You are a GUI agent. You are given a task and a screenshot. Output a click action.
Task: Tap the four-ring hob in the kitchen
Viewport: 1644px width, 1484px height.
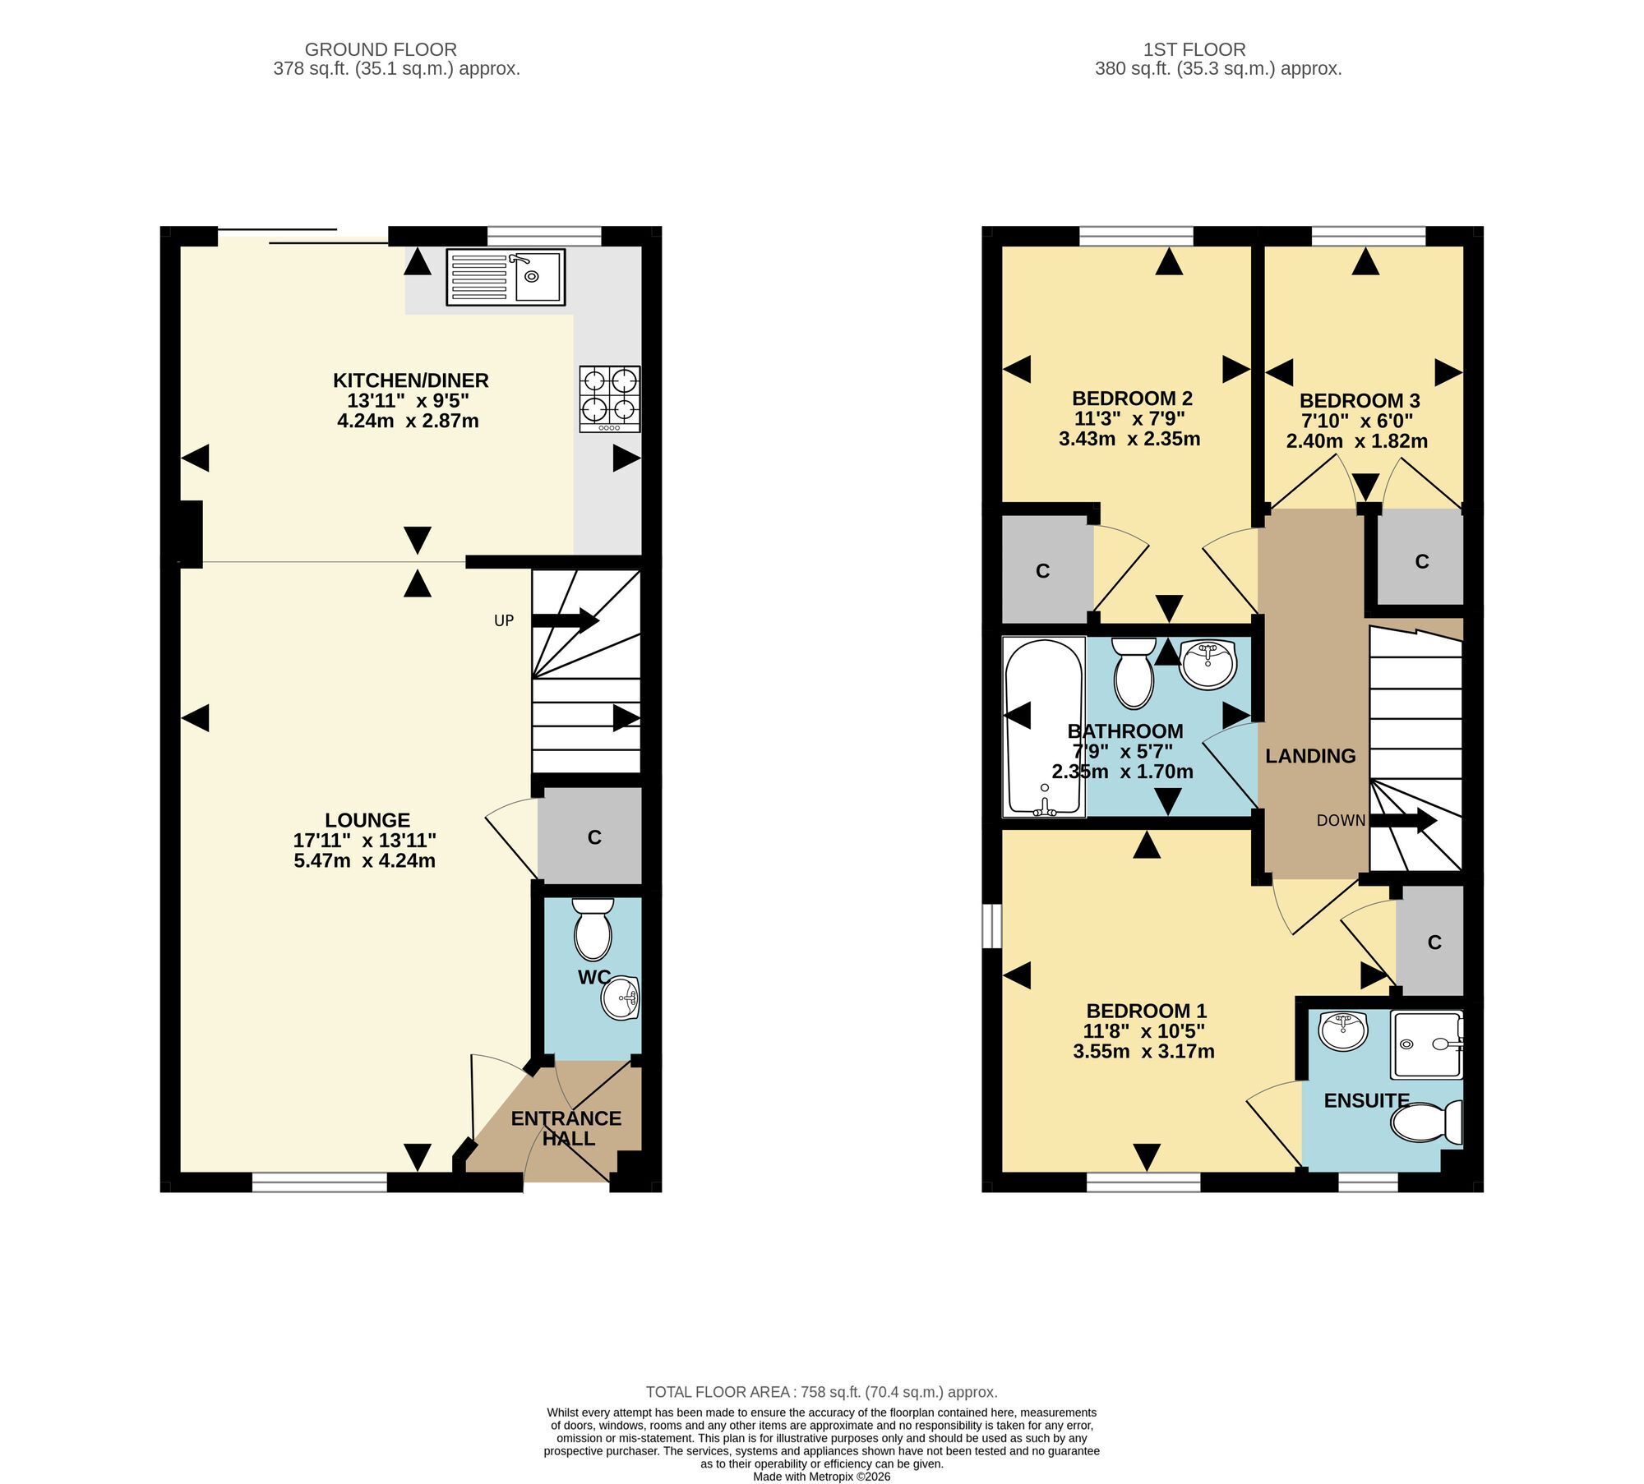pyautogui.click(x=610, y=399)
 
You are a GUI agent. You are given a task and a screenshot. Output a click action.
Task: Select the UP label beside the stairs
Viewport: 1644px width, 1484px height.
pyautogui.click(x=504, y=620)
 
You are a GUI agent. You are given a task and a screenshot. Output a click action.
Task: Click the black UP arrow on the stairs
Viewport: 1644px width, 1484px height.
pyautogui.click(x=566, y=620)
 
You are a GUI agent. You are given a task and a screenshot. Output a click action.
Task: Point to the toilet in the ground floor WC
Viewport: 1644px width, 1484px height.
pyautogui.click(x=593, y=929)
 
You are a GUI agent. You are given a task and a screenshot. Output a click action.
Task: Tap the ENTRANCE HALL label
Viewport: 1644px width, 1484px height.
pyautogui.click(x=566, y=1128)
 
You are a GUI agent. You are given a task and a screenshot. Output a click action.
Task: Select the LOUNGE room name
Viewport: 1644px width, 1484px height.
pyautogui.click(x=367, y=820)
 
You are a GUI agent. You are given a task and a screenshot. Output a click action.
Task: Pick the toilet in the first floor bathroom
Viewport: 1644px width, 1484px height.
pyautogui.click(x=1134, y=673)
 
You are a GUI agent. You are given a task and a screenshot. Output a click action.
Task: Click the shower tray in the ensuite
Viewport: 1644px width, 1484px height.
pyautogui.click(x=1426, y=1044)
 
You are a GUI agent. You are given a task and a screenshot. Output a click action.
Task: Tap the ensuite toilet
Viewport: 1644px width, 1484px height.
pyautogui.click(x=1427, y=1122)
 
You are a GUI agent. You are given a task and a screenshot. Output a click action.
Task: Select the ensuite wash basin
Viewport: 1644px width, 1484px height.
pyautogui.click(x=1343, y=1030)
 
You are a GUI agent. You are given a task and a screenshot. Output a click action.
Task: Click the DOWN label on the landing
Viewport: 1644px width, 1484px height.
pyautogui.click(x=1341, y=820)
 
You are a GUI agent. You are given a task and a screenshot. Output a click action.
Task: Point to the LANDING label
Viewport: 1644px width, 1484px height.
pyautogui.click(x=1310, y=756)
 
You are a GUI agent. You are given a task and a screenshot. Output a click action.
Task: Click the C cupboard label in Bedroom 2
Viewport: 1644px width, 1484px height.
pyautogui.click(x=1043, y=571)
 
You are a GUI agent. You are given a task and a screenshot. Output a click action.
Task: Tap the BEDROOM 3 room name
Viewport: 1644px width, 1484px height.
pyautogui.click(x=1360, y=401)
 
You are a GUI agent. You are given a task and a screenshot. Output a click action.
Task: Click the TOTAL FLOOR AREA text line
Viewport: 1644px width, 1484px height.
pyautogui.click(x=822, y=1392)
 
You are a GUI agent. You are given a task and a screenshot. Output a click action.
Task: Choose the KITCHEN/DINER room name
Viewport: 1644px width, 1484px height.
pyautogui.click(x=411, y=380)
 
